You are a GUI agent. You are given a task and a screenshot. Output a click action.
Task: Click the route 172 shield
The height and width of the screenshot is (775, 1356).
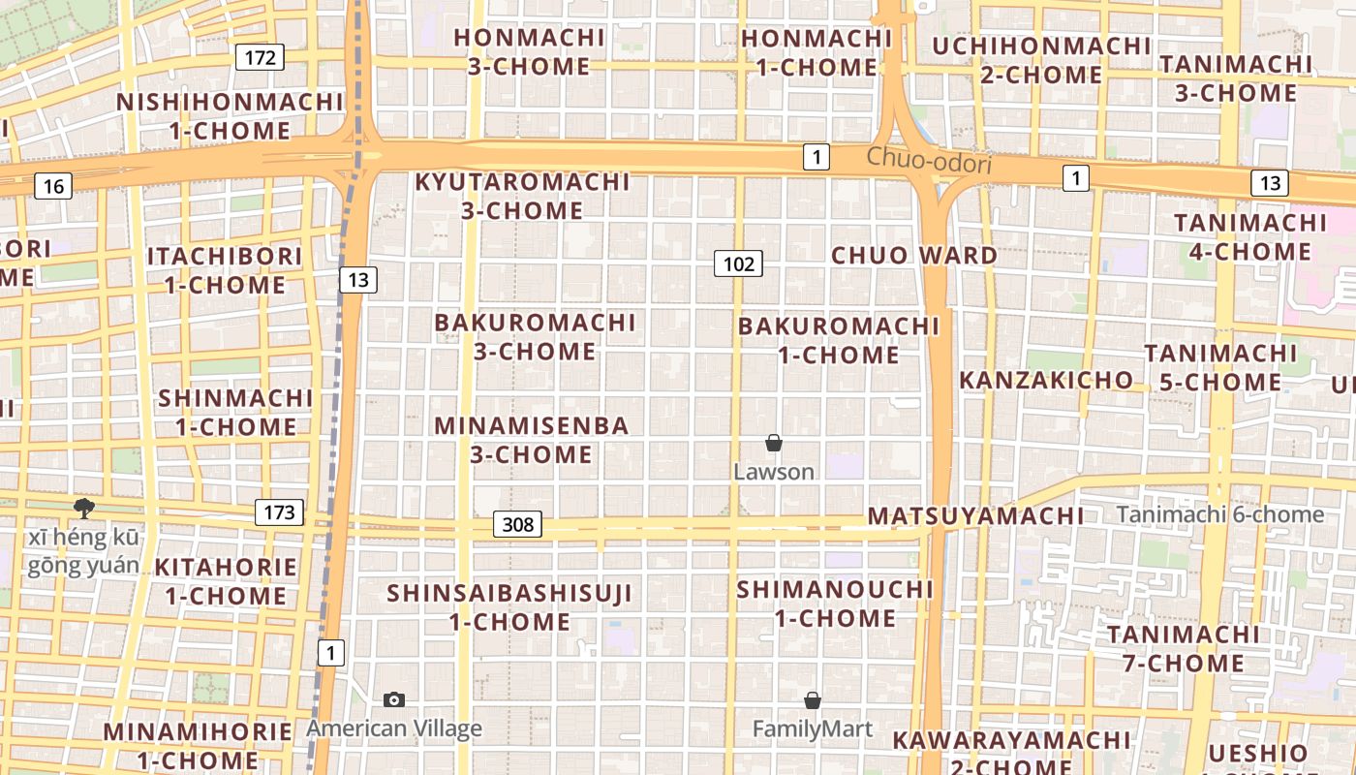260,57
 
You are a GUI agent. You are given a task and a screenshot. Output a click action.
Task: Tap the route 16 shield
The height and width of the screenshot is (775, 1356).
53,186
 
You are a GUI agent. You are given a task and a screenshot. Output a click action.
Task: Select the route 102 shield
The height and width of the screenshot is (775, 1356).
738,263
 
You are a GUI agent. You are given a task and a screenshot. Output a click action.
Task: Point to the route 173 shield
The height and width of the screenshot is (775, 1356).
279,512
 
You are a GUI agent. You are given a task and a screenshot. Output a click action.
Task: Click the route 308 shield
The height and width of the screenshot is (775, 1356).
517,525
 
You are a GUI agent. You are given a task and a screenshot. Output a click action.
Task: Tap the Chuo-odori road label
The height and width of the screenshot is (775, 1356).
929,161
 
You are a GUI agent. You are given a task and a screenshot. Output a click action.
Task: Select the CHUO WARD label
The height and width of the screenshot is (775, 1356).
913,256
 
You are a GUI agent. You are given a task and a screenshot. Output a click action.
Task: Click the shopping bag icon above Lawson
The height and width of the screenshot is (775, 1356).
773,444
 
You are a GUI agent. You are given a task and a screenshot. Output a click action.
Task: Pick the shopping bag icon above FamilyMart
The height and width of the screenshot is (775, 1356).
813,699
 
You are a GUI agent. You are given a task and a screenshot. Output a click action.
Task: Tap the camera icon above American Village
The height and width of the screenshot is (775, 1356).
394,699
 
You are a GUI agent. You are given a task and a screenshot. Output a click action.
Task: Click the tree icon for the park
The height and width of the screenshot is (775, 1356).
84,508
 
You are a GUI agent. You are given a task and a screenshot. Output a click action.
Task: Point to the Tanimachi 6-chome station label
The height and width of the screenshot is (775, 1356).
1219,514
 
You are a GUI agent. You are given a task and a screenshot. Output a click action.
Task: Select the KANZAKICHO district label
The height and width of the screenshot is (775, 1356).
1045,380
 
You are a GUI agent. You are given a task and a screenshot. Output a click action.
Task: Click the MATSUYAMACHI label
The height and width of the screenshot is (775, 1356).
975,516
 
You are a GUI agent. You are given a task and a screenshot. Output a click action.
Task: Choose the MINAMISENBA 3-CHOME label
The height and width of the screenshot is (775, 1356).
531,440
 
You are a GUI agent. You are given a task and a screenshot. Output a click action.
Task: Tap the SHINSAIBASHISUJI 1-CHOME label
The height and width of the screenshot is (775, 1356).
509,607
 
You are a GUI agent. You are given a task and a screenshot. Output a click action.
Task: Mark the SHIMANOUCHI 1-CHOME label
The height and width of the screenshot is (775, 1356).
835,604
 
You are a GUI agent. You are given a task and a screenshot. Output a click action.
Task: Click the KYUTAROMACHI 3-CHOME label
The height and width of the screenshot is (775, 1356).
522,196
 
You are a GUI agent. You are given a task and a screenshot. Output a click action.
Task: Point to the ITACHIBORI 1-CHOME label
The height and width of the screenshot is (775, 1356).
225,270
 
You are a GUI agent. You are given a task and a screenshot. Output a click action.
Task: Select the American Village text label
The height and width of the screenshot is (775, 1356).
394,728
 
